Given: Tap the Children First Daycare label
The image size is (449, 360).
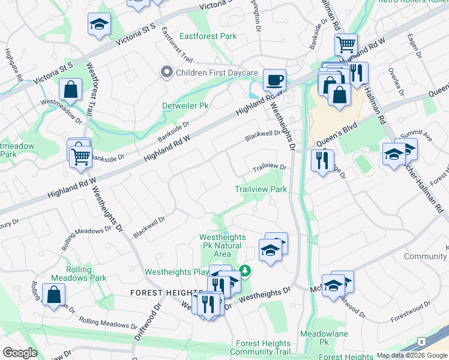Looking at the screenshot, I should (215, 73).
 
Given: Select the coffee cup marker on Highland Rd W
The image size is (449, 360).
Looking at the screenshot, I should (275, 80).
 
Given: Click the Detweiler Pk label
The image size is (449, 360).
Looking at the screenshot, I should (185, 106).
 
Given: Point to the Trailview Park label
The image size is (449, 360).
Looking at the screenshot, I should (261, 189).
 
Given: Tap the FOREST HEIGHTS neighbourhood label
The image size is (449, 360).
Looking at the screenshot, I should (160, 292).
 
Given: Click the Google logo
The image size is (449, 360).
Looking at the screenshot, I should (20, 353).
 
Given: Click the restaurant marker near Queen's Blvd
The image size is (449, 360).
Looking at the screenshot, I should (322, 161).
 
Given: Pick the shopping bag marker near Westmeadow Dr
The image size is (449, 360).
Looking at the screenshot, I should (71, 90).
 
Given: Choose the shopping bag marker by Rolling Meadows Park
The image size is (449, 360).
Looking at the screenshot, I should (54, 295).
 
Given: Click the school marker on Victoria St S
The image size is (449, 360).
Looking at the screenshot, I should (99, 25).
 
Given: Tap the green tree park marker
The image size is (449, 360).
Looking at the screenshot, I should (244, 271).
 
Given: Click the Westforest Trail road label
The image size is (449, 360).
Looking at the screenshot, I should (93, 91).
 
